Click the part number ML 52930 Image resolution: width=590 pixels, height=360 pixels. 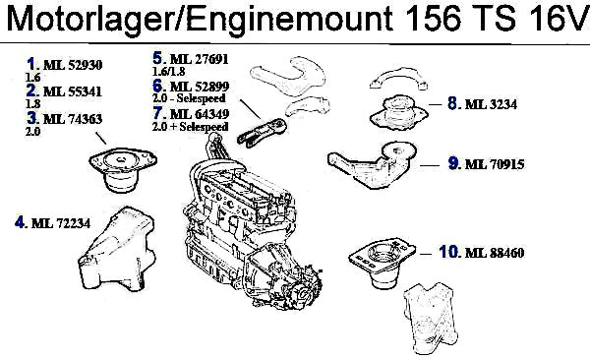(x=73, y=65)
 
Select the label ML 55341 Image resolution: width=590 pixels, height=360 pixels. (x=73, y=91)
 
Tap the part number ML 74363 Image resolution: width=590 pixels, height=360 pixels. (x=73, y=119)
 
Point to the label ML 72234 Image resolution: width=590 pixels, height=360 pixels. (x=61, y=223)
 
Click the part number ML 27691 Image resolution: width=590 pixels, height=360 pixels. (x=200, y=59)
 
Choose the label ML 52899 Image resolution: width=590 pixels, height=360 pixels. (x=200, y=87)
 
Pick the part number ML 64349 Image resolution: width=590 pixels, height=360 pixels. (x=200, y=114)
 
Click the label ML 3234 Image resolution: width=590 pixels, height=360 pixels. (x=491, y=104)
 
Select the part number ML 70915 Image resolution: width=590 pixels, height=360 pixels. (x=495, y=164)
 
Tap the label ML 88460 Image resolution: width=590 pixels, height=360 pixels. (x=495, y=253)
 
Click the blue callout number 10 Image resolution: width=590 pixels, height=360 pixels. (x=448, y=251)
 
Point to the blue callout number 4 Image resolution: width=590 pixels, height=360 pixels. (x=20, y=221)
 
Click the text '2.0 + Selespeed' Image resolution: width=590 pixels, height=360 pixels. (x=191, y=127)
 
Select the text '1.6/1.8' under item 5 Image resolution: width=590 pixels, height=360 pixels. (x=168, y=71)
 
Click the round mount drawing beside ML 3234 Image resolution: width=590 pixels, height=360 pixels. (x=399, y=112)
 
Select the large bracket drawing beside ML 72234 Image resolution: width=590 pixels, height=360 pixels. (x=117, y=249)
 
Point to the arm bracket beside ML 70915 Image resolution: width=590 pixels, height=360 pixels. (x=373, y=164)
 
